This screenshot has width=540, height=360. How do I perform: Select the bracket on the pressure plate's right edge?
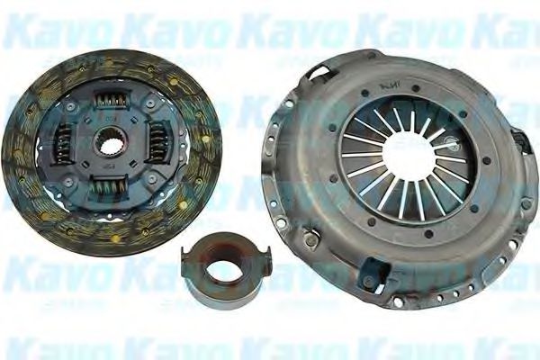521,140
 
